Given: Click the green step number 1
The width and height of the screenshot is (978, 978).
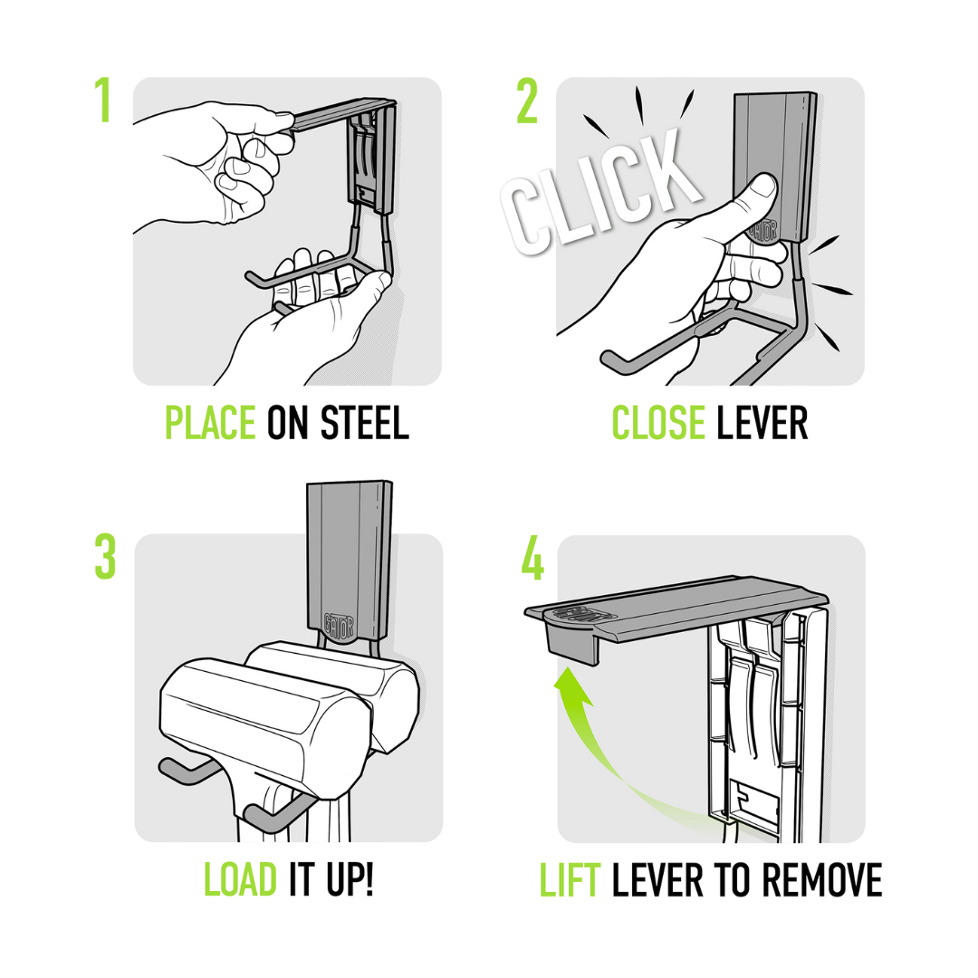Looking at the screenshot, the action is pyautogui.click(x=103, y=100).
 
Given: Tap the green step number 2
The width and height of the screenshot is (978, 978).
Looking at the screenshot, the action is pyautogui.click(x=528, y=101).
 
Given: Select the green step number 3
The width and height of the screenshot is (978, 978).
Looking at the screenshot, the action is pyautogui.click(x=105, y=557).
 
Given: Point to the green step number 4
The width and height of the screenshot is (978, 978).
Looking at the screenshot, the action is pyautogui.click(x=532, y=557).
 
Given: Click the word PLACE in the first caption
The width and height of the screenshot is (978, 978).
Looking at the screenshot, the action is pyautogui.click(x=210, y=423).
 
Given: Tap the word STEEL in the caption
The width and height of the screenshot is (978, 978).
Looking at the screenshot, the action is pyautogui.click(x=364, y=423).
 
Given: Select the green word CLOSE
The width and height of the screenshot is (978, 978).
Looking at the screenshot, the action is pyautogui.click(x=658, y=423).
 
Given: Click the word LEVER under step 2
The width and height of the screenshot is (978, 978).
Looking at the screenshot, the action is pyautogui.click(x=762, y=423).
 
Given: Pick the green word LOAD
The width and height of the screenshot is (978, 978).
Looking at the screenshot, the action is pyautogui.click(x=240, y=879).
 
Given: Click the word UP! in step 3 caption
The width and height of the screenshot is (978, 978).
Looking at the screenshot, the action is pyautogui.click(x=350, y=879).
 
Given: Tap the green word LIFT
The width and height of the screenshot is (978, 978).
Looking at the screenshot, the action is pyautogui.click(x=570, y=879).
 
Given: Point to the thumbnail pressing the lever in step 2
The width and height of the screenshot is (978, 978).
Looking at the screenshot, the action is pyautogui.click(x=762, y=186).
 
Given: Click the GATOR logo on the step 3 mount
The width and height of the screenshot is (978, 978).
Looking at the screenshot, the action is pyautogui.click(x=339, y=624).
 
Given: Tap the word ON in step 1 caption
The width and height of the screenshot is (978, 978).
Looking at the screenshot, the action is pyautogui.click(x=288, y=423).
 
